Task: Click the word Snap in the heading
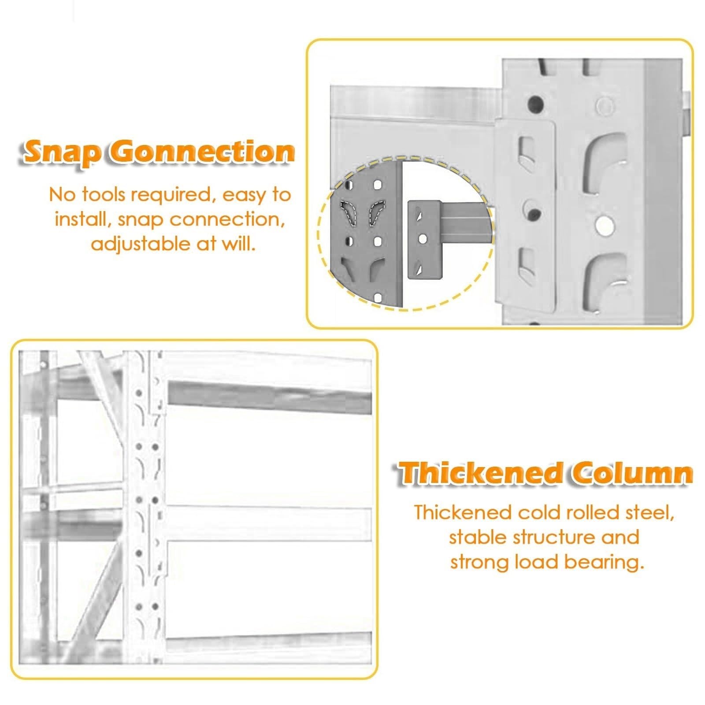point(60,153)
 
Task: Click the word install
point(83,219)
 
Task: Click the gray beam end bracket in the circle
point(424,240)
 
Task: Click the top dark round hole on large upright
point(535,104)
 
